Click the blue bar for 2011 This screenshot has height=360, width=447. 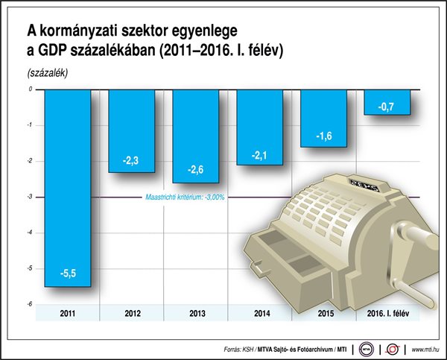point(67,186)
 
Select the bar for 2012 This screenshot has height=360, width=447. point(131,130)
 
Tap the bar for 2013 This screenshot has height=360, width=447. point(195,136)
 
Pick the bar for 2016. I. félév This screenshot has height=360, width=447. point(387,101)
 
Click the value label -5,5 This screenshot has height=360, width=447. point(67,274)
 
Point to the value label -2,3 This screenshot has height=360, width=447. point(131,160)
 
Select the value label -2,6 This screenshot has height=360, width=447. point(195,170)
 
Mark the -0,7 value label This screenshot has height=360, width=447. point(387,107)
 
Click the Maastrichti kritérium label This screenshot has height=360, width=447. point(183,197)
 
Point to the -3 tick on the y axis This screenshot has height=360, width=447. point(31,197)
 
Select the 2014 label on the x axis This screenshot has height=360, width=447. point(259,314)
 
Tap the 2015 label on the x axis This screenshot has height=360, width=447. point(323,314)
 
